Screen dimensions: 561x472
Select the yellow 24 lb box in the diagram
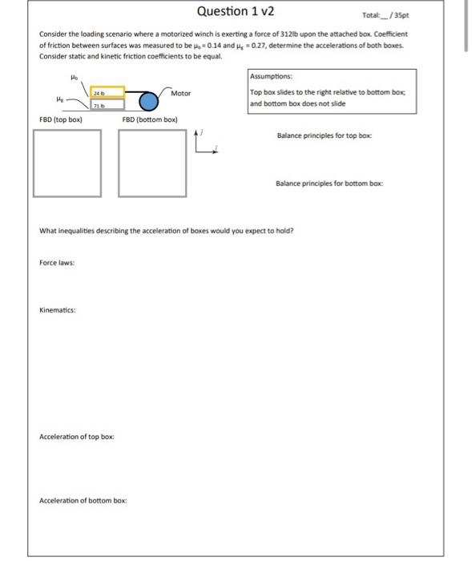107,92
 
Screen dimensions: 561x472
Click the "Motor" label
181,94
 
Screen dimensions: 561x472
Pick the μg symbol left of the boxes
59,100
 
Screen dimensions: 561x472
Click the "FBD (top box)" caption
61,119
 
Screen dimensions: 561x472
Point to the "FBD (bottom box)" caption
150,119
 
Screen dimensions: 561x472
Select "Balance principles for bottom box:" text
329,184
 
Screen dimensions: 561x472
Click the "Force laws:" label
55,261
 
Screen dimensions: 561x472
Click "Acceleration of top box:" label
77,437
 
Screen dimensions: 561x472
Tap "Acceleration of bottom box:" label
83,500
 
